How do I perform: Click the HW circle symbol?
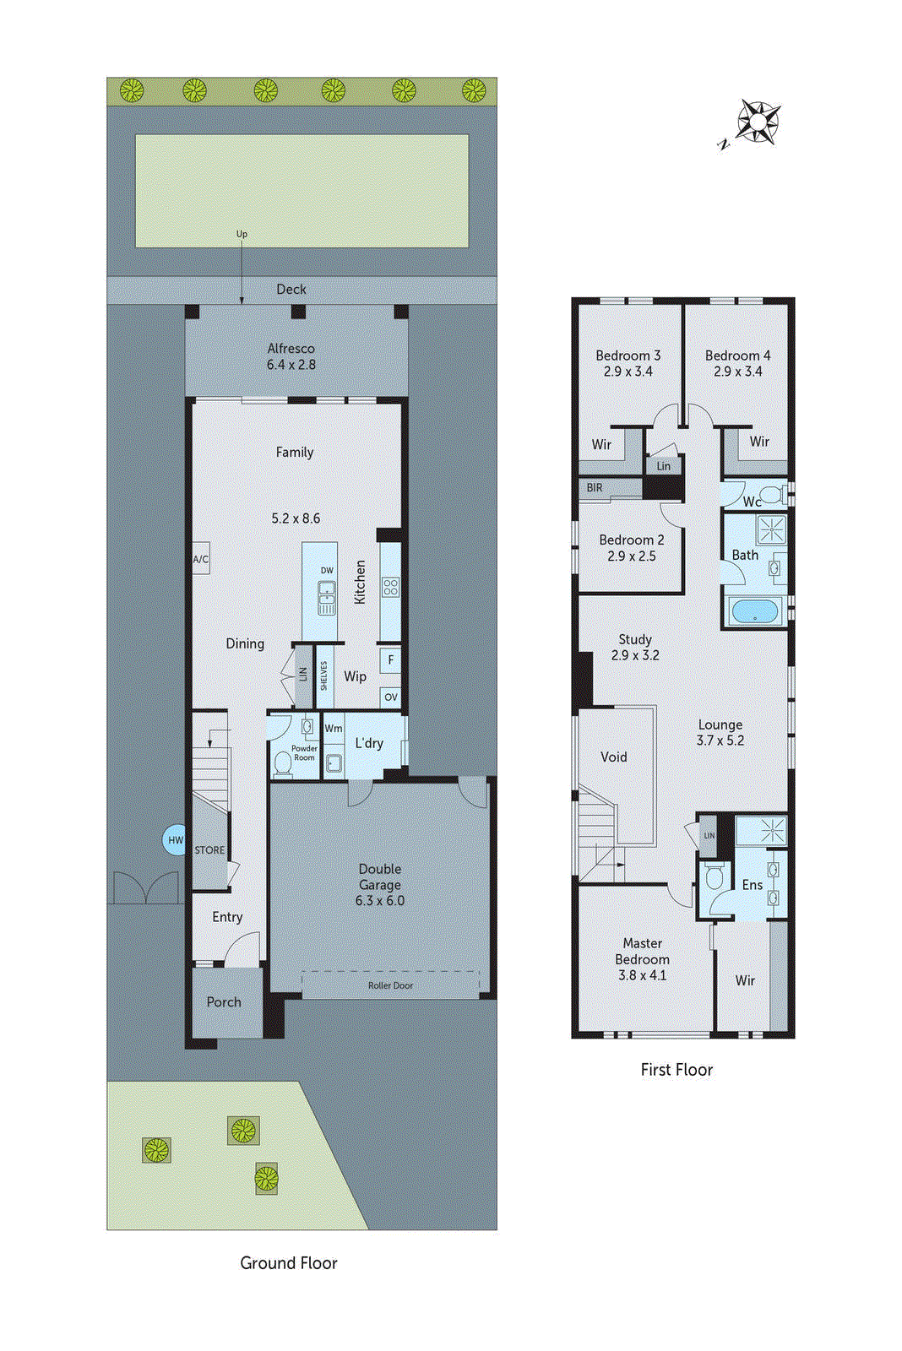pos(175,840)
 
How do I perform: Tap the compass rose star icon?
pos(758,122)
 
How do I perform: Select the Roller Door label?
pos(390,985)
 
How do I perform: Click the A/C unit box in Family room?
pos(200,559)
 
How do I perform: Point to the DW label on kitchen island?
pos(327,571)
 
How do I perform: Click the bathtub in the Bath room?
pos(754,610)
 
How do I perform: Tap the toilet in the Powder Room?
pos(282,763)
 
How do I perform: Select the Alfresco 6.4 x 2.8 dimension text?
pos(291,365)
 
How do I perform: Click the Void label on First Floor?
pos(614,757)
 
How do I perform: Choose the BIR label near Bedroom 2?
pos(595,488)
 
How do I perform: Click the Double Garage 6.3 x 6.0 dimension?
pos(380,901)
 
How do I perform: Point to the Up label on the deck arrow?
pos(242,234)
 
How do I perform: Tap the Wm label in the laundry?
pos(334,728)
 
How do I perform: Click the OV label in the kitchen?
pos(390,697)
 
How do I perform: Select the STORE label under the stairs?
pos(209,850)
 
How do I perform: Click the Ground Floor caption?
pos(289,1263)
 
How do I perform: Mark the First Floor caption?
pos(676,1070)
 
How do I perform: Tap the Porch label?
pos(224,1002)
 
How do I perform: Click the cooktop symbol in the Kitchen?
pos(390,587)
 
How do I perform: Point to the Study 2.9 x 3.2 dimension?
pos(635,655)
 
